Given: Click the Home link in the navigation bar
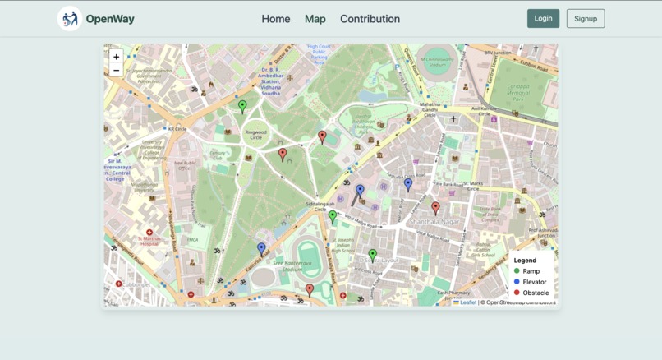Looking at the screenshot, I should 275,19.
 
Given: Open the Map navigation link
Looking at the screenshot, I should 315,19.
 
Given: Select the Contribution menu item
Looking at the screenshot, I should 370,19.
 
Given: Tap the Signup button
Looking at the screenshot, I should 585,18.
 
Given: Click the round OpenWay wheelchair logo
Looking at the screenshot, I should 69,18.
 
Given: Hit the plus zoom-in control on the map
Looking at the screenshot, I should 117,57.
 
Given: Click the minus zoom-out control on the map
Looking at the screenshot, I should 117,71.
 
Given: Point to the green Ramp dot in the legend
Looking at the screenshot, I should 517,270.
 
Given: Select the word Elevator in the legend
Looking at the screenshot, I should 534,282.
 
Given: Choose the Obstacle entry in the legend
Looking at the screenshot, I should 536,293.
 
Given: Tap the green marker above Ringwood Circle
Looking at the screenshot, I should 242,106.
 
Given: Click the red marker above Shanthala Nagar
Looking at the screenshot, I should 435,208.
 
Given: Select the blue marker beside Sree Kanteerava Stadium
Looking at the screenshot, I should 261,248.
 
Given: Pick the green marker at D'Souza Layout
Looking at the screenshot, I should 372,256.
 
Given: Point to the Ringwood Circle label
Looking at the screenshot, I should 255,132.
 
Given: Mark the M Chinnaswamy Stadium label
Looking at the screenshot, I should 437,60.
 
